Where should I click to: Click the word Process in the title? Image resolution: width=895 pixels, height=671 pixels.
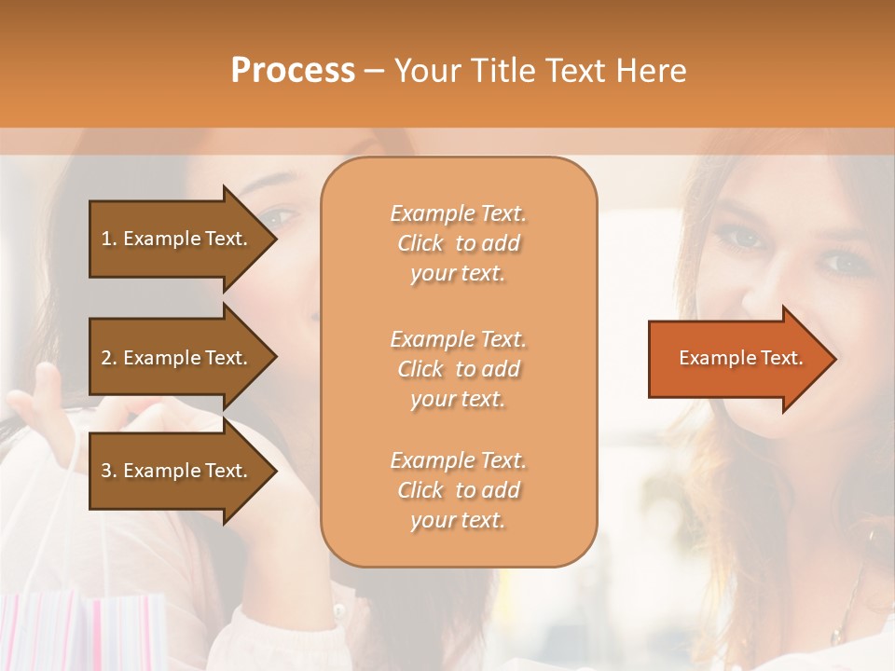tap(293, 71)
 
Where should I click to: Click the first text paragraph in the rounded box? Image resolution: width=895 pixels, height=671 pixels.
tap(458, 243)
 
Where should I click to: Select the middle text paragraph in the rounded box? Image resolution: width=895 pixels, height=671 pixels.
tap(458, 369)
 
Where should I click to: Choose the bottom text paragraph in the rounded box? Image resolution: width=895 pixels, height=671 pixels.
tap(458, 490)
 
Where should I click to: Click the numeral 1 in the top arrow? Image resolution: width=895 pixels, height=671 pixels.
tap(106, 239)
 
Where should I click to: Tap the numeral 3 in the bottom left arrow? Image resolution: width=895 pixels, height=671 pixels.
tap(106, 471)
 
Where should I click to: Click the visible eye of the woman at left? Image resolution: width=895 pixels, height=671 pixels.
tap(280, 220)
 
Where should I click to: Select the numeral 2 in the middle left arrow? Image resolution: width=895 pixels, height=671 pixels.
tap(106, 358)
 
